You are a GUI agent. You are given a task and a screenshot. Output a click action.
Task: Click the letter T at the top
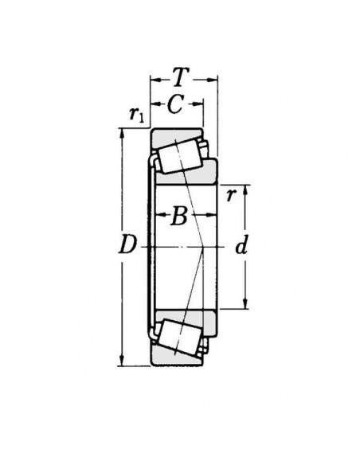coord(182,77)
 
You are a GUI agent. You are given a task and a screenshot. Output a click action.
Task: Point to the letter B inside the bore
coord(180,215)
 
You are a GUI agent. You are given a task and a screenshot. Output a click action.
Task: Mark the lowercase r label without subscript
coord(231,194)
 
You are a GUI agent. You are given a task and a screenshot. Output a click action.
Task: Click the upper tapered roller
coord(178,151)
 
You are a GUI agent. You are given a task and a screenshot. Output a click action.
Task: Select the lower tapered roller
coord(178,336)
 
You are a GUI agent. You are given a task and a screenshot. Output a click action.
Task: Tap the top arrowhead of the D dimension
coord(122,133)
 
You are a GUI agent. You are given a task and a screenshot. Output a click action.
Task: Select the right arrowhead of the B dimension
coord(213,215)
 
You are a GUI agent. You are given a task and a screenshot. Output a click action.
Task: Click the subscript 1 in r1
coord(141,118)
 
